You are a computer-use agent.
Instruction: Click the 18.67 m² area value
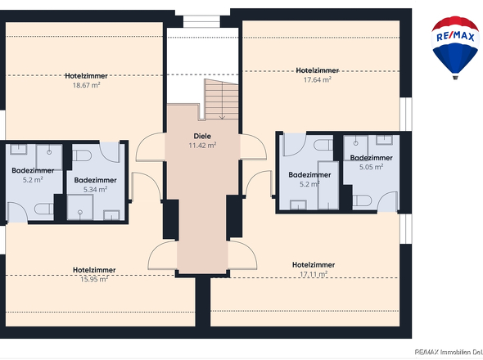coord(86,84)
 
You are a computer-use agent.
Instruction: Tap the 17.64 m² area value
coord(316,79)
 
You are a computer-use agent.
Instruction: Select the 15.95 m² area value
coord(93,278)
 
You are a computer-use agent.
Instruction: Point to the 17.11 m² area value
coord(314,274)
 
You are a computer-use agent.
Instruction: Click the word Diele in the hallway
coord(202,137)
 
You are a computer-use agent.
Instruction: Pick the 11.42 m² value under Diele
coord(202,146)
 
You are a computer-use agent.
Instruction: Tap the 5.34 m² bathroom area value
coord(96,189)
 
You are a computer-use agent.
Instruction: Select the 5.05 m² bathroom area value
coord(371,166)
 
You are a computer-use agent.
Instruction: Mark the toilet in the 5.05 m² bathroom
coord(363,200)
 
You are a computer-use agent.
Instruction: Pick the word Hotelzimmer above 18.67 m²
coord(86,75)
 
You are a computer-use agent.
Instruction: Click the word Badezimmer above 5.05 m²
coord(371,157)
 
